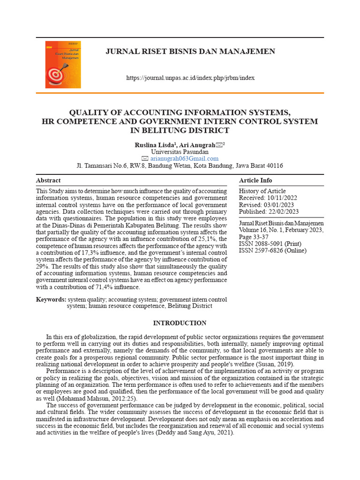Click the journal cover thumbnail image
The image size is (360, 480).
63,65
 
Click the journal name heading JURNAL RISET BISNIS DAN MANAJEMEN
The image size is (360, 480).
190,51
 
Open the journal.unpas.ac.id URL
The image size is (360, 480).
190,78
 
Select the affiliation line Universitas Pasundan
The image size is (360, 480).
180,152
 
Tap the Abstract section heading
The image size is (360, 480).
48,180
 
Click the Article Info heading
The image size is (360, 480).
255,180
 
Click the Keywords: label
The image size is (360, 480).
51,299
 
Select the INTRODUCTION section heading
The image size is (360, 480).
180,323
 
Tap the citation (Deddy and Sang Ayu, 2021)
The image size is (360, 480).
195,433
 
